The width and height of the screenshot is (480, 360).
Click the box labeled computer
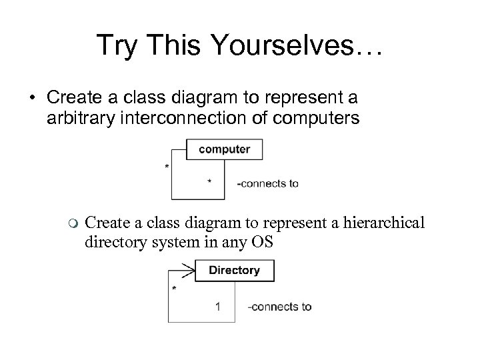pyautogui.click(x=225, y=149)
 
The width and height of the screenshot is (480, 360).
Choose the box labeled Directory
pyautogui.click(x=234, y=270)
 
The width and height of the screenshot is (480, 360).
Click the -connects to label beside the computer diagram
pyautogui.click(x=268, y=183)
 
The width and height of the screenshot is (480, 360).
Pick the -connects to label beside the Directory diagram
pyautogui.click(x=279, y=307)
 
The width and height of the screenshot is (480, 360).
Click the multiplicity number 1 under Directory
pyautogui.click(x=218, y=307)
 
